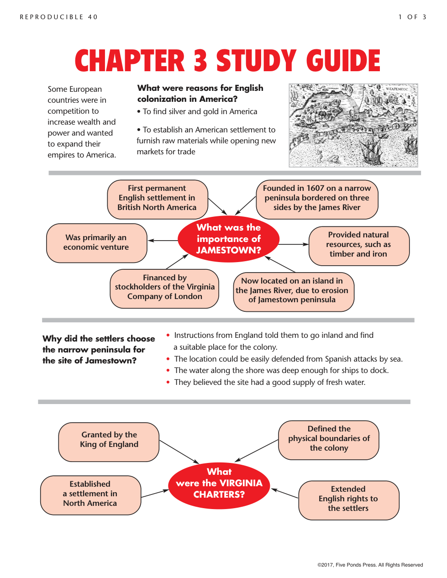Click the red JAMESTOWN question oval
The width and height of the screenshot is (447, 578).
click(x=228, y=239)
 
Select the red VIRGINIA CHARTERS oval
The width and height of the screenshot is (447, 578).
click(x=219, y=483)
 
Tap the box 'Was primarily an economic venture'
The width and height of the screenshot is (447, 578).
click(x=97, y=243)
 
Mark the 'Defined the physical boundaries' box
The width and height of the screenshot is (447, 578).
click(x=329, y=439)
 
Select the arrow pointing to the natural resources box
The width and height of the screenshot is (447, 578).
click(x=294, y=245)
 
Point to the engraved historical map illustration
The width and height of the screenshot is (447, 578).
click(x=353, y=125)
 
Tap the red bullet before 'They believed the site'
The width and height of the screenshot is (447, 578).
click(x=168, y=382)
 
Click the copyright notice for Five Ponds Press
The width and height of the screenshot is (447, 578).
click(x=370, y=565)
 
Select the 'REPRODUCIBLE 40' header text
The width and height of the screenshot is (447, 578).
click(x=59, y=17)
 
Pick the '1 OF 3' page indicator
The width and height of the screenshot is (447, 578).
click(x=412, y=17)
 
